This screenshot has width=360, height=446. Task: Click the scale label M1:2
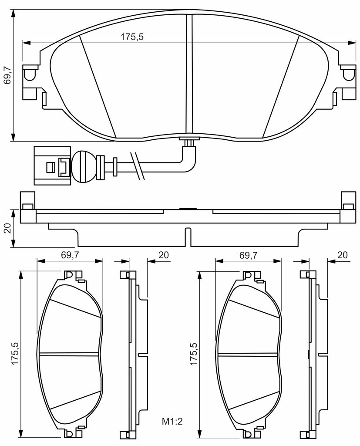(x=172, y=421)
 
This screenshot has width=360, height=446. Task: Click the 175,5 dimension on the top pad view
(x=132, y=37)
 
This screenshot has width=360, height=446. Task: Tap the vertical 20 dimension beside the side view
(x=7, y=228)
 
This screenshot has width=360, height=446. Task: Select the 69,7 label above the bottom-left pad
(x=70, y=255)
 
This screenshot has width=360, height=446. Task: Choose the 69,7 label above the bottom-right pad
(x=248, y=255)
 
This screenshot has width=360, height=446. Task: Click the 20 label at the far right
(x=342, y=255)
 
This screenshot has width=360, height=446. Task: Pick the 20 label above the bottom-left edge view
(x=164, y=255)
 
